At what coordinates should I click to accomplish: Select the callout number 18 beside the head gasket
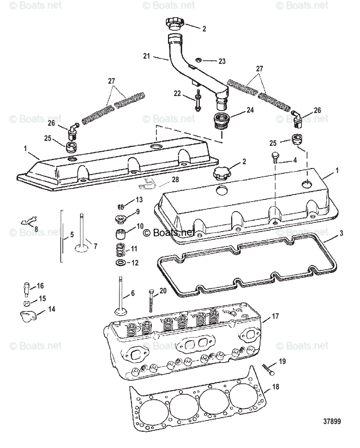[x=275, y=387]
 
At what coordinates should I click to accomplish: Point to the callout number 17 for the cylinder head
[x=275, y=316]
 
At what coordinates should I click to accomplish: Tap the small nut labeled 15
[x=26, y=303]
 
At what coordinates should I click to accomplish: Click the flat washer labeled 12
[x=120, y=263]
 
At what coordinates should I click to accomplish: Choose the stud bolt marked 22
[x=197, y=99]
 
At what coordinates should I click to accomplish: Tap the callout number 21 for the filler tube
[x=146, y=56]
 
